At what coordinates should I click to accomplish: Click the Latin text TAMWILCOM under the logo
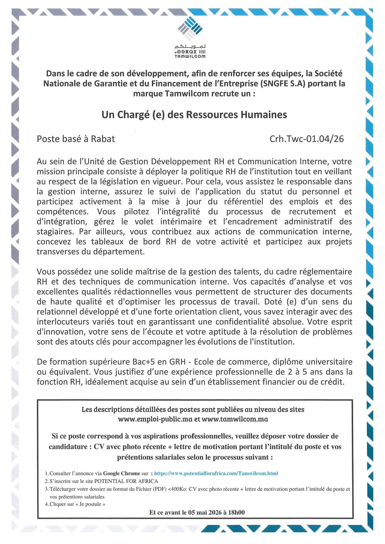point(190,56)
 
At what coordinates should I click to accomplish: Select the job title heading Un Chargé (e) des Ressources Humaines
point(194,115)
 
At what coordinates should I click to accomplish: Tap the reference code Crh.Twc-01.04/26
point(307,139)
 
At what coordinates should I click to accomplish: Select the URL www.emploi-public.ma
point(155,419)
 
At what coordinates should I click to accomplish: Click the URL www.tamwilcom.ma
point(235,419)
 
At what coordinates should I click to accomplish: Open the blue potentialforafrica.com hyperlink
point(216,473)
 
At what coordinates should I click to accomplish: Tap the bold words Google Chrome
point(122,473)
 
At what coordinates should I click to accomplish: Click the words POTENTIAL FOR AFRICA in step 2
point(126,481)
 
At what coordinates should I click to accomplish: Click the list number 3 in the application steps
point(46,489)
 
